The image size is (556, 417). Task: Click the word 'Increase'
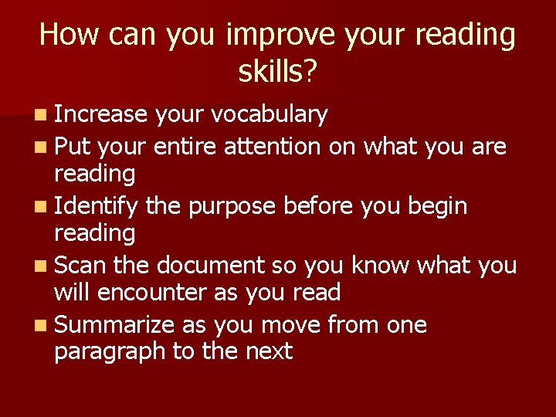pos(100,115)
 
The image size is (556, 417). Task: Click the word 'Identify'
pos(97,207)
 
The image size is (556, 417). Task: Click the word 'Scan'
pos(81,266)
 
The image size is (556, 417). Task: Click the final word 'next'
pos(269,352)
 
